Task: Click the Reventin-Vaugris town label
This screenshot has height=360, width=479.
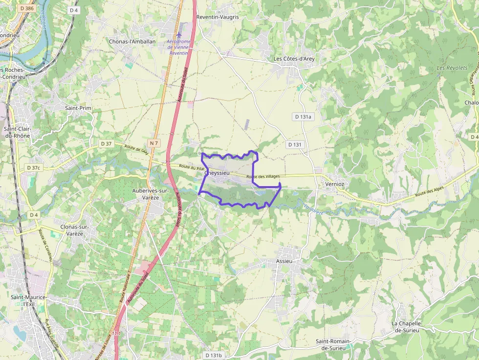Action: (x=218, y=17)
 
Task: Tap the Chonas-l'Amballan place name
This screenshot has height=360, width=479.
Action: (x=132, y=42)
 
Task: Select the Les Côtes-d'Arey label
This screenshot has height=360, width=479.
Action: (x=294, y=59)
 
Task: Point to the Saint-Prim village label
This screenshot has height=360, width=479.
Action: (x=78, y=107)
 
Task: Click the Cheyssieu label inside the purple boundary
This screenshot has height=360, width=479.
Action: (x=215, y=173)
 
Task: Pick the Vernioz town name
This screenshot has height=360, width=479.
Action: (x=335, y=184)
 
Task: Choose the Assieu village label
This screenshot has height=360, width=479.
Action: (x=284, y=261)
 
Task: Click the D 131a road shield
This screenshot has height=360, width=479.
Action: (x=303, y=117)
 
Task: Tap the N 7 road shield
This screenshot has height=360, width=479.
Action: (x=154, y=143)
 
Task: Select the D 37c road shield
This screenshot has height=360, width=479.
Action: (x=33, y=168)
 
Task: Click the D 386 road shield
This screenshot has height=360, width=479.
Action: (x=27, y=9)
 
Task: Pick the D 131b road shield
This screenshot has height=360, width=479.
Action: (x=214, y=355)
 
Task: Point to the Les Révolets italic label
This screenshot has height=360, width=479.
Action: (x=452, y=68)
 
